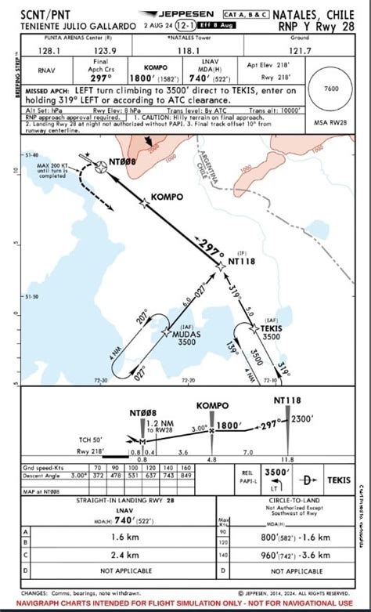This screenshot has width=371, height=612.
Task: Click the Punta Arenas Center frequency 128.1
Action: tap(48, 49)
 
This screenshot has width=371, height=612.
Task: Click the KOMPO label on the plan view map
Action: tap(166, 196)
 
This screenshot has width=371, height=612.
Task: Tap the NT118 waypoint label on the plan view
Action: tap(243, 263)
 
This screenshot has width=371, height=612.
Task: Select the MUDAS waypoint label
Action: tap(186, 334)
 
